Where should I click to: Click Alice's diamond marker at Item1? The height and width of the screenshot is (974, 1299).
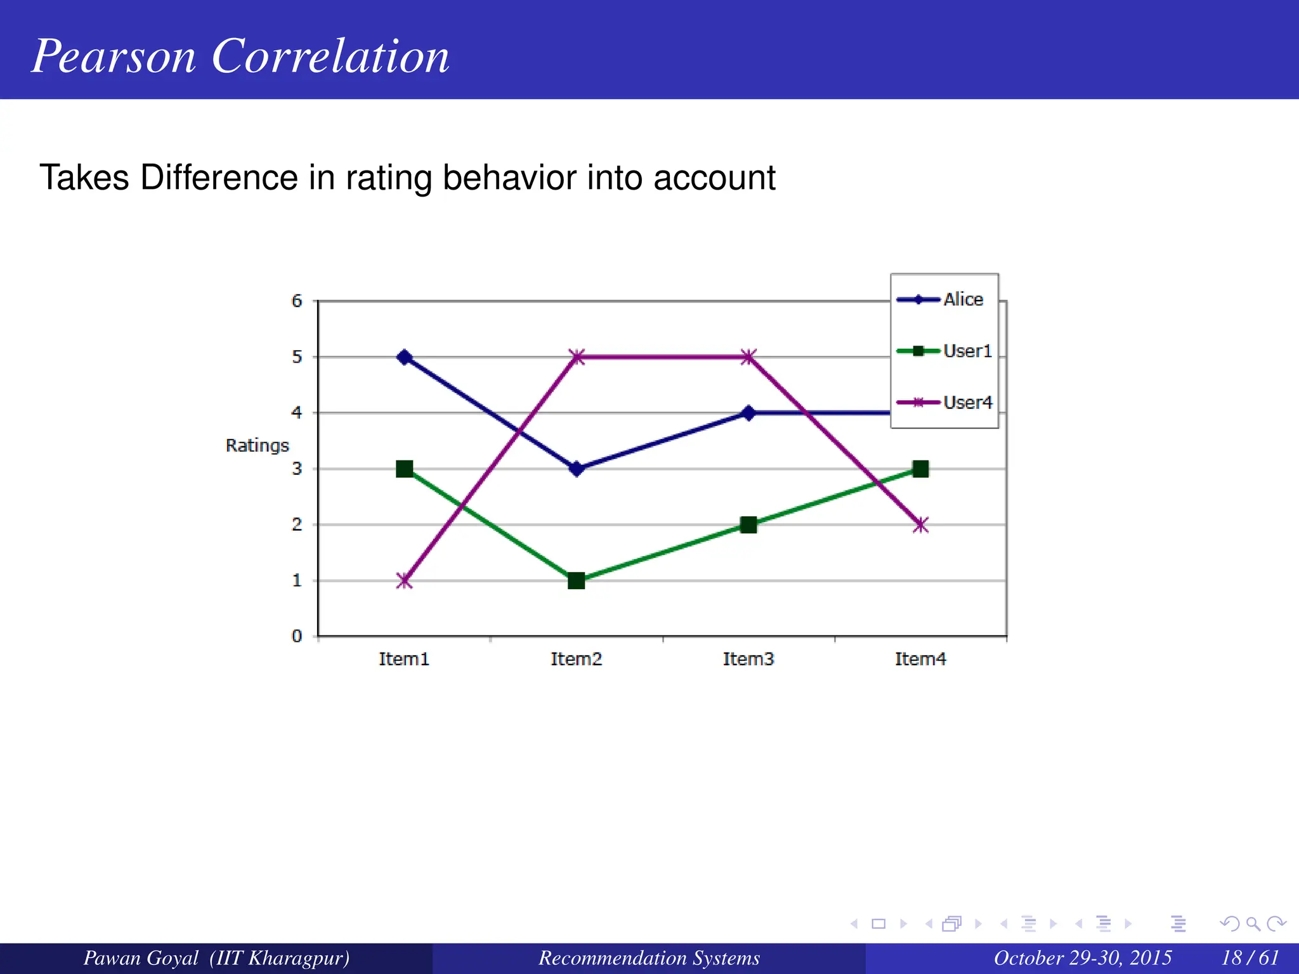[x=404, y=357]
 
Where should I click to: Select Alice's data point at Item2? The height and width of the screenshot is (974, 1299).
[x=576, y=469]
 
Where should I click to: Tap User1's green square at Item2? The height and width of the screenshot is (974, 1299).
[x=576, y=580]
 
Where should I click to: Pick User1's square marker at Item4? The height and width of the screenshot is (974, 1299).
[x=920, y=469]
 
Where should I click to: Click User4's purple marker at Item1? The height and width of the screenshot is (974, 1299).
[x=404, y=580]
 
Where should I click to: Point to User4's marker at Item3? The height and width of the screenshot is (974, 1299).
[x=748, y=357]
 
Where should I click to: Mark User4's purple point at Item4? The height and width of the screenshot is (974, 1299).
[x=920, y=524]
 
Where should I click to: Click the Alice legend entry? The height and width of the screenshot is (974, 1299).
[x=962, y=299]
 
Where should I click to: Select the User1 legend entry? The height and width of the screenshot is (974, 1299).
[x=967, y=351]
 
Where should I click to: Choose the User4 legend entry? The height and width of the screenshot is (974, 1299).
[x=967, y=402]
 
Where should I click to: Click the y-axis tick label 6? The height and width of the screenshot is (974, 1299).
[x=297, y=301]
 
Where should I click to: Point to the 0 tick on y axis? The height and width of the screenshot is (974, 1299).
[x=297, y=635]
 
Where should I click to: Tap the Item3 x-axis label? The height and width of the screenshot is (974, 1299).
[x=748, y=659]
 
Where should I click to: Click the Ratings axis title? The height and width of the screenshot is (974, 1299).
[x=257, y=445]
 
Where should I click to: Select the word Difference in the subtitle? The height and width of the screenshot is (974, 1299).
[x=219, y=178]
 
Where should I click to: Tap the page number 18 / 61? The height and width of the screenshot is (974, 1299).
[x=1250, y=958]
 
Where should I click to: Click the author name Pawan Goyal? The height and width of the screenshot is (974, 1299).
[x=141, y=958]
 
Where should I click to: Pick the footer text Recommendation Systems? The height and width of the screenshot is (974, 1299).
[x=649, y=958]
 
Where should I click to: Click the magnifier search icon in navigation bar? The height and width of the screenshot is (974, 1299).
[x=1253, y=924]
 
